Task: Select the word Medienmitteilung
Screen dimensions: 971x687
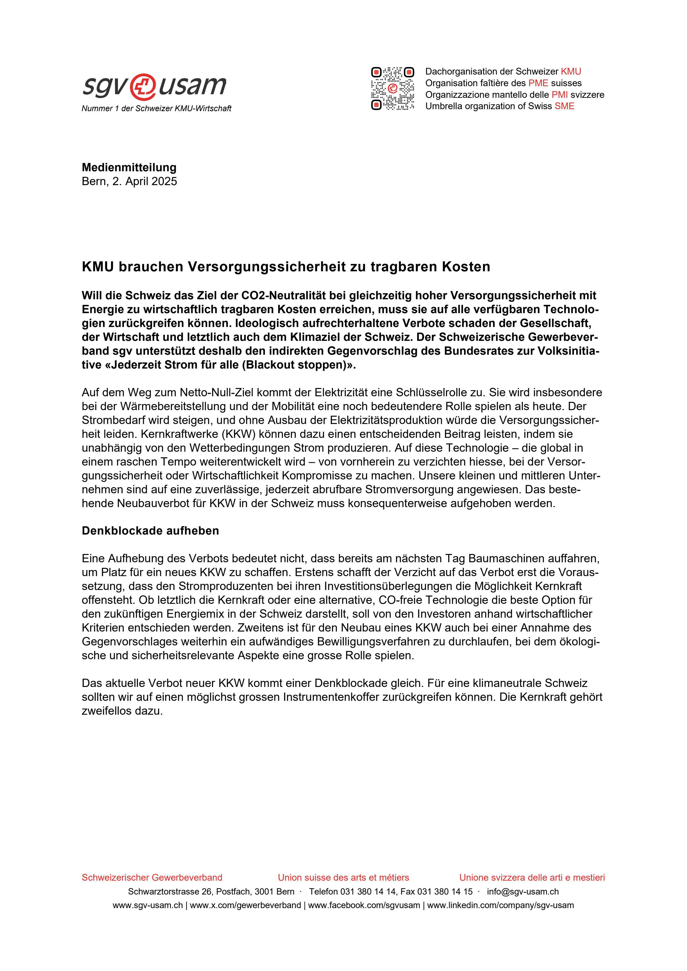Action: pyautogui.click(x=129, y=167)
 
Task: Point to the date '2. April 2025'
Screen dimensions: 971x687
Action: pyautogui.click(x=145, y=182)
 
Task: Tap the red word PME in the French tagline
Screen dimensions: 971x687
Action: pyautogui.click(x=538, y=83)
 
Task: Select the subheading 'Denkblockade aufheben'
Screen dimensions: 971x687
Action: pyautogui.click(x=150, y=531)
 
